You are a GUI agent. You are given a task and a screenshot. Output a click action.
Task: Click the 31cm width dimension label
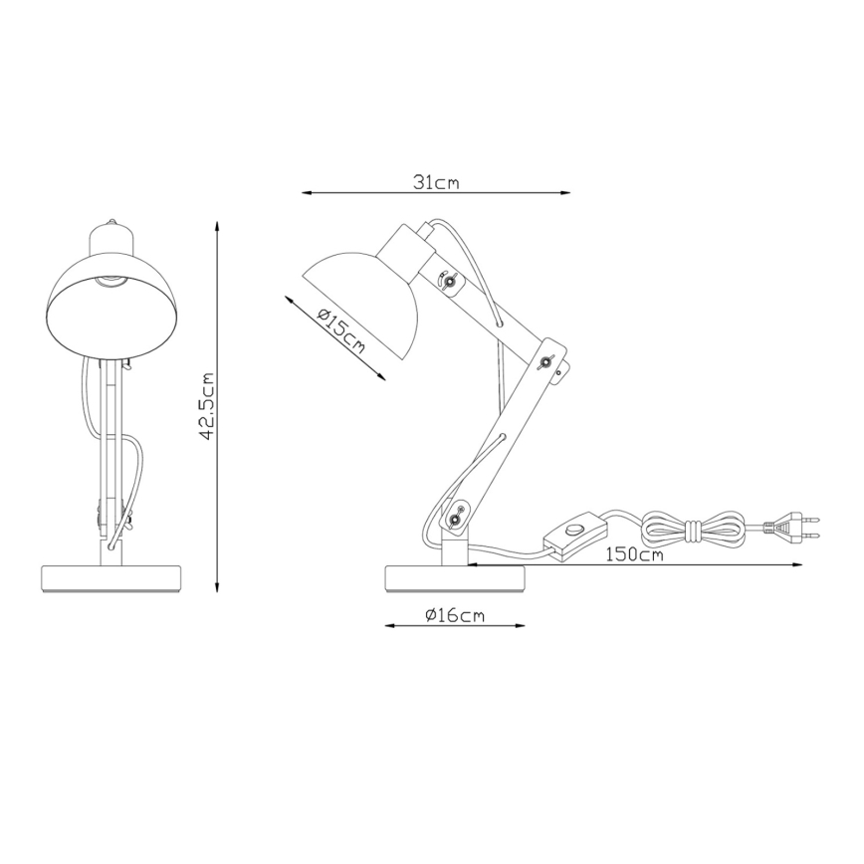tap(436, 182)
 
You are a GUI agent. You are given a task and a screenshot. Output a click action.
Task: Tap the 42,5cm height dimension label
tap(207, 406)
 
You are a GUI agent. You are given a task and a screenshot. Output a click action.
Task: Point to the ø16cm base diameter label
tap(454, 615)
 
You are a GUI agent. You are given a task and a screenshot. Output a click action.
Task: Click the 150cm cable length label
tap(633, 554)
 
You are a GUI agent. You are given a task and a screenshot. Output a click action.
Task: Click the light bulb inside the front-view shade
tap(113, 282)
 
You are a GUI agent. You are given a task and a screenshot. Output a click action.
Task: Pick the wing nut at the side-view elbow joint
tap(546, 361)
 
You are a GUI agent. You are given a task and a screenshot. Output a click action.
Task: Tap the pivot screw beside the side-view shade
tap(450, 285)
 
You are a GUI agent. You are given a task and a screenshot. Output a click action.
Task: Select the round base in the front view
tap(111, 578)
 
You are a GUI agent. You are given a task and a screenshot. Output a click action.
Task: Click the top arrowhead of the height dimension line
tap(220, 226)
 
